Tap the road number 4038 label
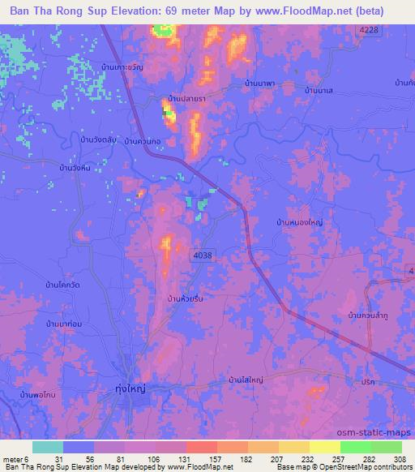point(203,255)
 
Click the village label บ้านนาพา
point(260,83)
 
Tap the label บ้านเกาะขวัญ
point(122,67)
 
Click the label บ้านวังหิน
point(66,168)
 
